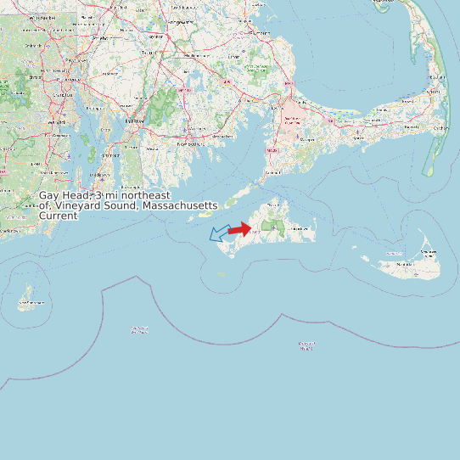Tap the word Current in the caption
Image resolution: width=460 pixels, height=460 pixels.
[59, 216]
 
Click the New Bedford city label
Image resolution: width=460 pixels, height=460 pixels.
[192, 143]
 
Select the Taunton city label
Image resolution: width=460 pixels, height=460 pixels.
[149, 53]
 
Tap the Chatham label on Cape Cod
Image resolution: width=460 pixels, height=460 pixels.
[440, 128]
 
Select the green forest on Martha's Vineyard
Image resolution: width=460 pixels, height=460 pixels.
[273, 227]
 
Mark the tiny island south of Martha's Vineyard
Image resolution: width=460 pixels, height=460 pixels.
[222, 274]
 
